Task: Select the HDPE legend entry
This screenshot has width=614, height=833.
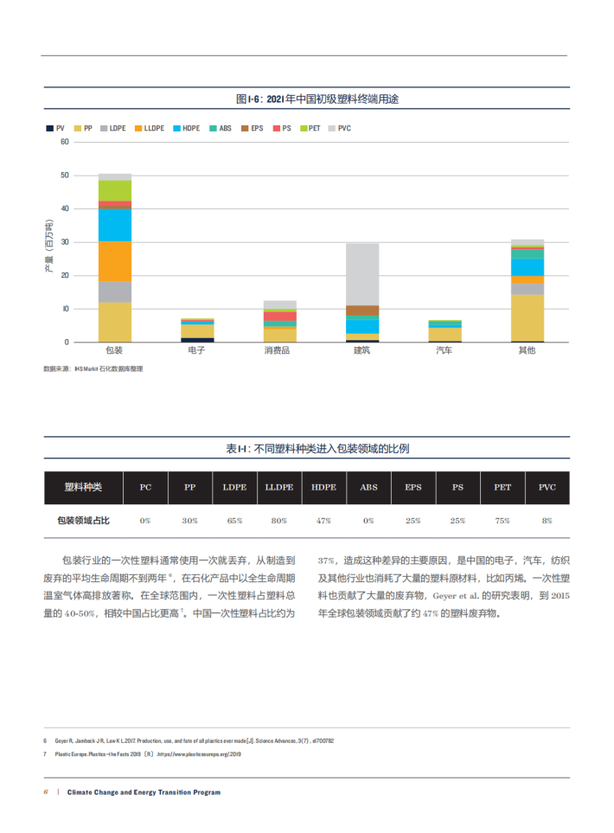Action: [186, 128]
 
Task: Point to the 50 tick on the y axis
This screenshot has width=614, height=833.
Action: [64, 176]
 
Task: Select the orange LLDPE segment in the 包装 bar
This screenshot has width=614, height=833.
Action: [115, 261]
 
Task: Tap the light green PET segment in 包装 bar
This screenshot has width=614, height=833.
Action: [115, 190]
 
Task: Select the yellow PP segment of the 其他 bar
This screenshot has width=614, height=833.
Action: [527, 318]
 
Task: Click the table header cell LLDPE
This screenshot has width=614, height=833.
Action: [278, 487]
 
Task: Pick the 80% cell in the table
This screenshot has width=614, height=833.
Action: [278, 521]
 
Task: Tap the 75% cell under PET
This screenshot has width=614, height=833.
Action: [502, 521]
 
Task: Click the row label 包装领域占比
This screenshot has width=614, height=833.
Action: [83, 521]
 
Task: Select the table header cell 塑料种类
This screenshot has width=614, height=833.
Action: [83, 487]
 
